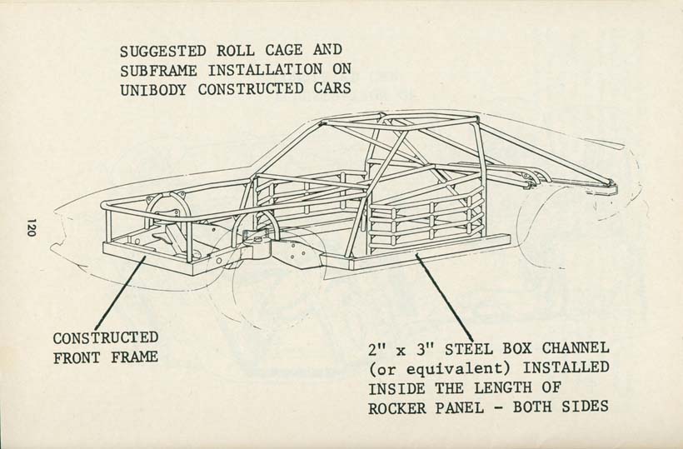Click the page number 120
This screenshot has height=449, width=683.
point(31,227)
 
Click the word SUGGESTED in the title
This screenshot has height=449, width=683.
point(163,51)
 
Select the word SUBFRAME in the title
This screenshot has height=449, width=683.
point(158,71)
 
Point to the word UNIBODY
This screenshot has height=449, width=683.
point(153,90)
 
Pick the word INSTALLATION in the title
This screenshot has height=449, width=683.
point(265,70)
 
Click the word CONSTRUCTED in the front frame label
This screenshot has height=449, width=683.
point(106,338)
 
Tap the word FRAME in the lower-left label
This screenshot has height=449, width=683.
point(134,357)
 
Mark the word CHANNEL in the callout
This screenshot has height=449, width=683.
point(576,348)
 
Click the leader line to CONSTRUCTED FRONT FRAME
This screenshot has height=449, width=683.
point(120,293)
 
